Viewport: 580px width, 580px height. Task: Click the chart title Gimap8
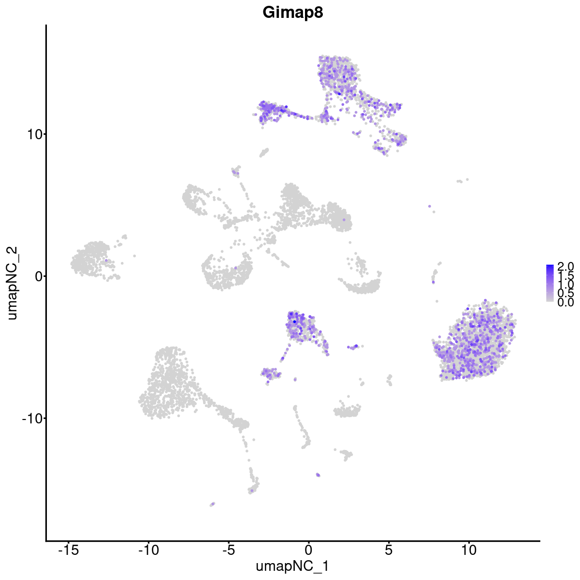click(292, 13)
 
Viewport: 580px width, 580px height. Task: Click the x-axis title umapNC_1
click(292, 566)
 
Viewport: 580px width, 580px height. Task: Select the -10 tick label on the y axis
click(31, 418)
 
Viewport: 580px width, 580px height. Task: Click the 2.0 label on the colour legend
click(565, 266)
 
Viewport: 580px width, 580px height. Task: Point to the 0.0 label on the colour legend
click(565, 302)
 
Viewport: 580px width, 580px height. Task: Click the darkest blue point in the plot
click(294, 321)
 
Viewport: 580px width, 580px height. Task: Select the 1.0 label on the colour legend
click(565, 285)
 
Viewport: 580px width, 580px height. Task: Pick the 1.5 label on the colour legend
click(565, 275)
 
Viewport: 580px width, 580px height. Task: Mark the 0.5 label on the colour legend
click(565, 293)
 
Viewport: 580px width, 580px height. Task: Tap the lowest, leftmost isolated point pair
click(212, 504)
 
